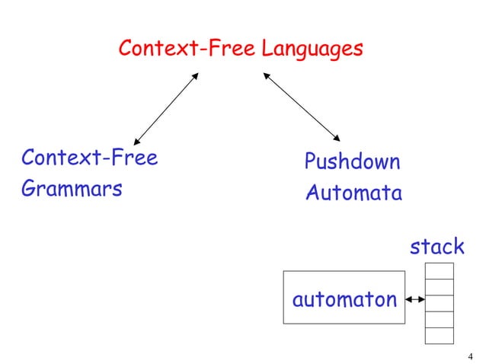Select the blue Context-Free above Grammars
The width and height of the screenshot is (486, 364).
[89, 158]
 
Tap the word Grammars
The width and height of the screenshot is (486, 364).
[72, 188]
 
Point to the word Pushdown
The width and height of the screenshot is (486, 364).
[352, 162]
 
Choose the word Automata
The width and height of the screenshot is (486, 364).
[353, 193]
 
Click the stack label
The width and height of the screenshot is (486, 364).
[436, 246]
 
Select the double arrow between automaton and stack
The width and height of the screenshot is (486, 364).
[415, 300]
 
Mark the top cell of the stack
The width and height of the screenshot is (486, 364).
[440, 270]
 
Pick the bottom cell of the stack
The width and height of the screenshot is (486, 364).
[440, 335]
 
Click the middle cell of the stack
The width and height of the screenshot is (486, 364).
[440, 303]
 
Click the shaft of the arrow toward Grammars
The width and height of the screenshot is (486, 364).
[166, 107]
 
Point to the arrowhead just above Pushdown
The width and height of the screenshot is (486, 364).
[337, 139]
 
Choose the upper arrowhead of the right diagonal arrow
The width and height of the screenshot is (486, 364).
[267, 75]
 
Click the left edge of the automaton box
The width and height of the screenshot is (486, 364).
[283, 297]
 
